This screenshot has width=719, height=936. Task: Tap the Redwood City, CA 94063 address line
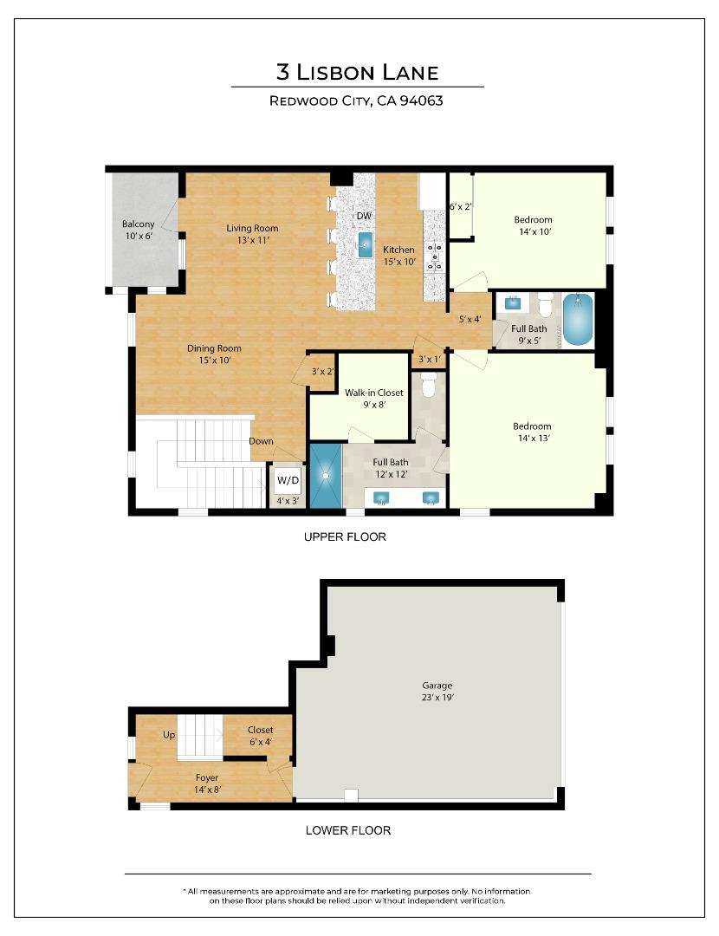pos(357,101)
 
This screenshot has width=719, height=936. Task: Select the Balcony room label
pos(139,230)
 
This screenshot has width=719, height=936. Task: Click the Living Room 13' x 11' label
pos(252,234)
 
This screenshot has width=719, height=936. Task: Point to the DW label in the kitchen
pos(364,216)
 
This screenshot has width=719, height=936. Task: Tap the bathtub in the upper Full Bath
pos(578,319)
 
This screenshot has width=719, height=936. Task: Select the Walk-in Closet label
pos(373,398)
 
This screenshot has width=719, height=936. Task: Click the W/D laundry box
pos(287,480)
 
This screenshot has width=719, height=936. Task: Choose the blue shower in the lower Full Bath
pos(326,475)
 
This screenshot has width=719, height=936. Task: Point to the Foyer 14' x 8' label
pos(206,783)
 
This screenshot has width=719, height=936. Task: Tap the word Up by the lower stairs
pos(169,735)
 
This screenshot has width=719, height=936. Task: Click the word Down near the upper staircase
pos(261,441)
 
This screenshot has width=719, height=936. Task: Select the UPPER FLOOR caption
pos(345,536)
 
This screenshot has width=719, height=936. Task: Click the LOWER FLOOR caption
pos(348,830)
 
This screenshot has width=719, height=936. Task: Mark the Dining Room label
pos(214,354)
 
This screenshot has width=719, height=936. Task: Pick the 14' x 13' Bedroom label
pos(531,432)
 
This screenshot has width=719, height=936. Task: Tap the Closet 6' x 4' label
pos(260,736)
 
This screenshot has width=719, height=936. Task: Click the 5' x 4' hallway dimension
pos(470,319)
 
